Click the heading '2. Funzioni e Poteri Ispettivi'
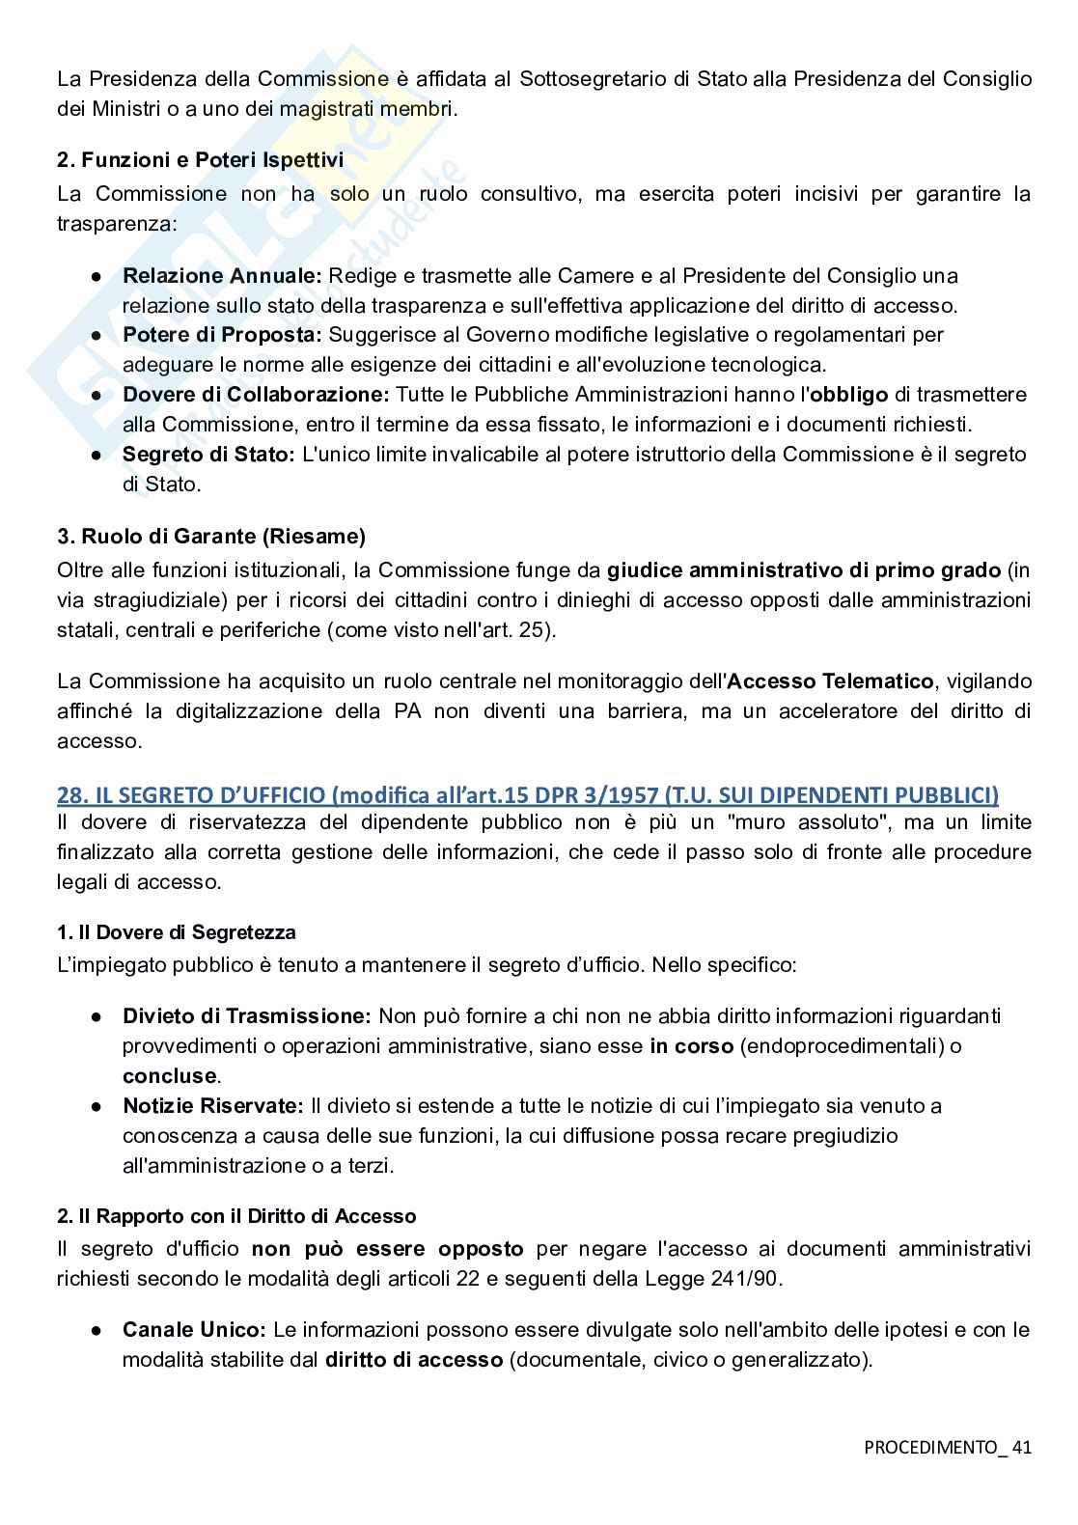(x=200, y=160)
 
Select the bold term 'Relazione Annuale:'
(x=224, y=275)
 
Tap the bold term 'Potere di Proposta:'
(x=223, y=335)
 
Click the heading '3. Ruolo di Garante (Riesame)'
(x=210, y=536)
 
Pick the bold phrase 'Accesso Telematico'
(x=830, y=681)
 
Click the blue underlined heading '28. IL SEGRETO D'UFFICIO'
(x=527, y=794)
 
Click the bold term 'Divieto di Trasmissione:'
(x=247, y=1015)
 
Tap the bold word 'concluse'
(x=169, y=1075)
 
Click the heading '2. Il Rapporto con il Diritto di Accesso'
(x=236, y=1216)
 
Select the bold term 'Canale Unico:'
(x=194, y=1330)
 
